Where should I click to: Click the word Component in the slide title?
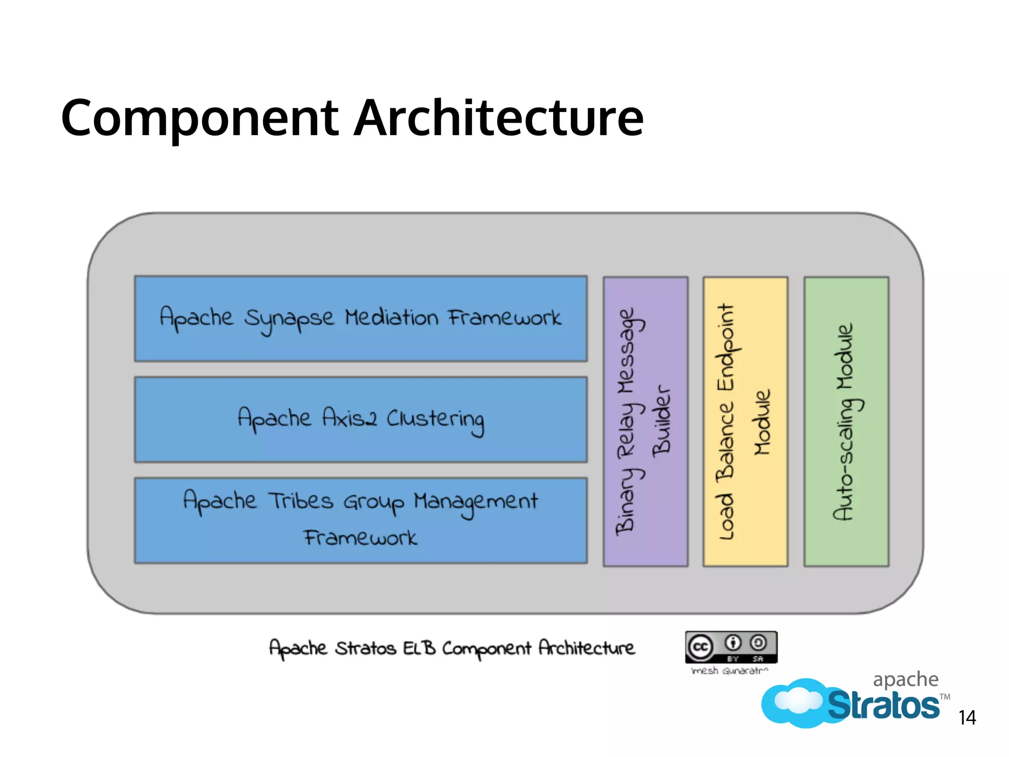click(x=200, y=118)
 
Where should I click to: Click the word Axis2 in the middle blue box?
click(x=350, y=419)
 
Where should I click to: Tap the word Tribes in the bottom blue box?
click(x=301, y=501)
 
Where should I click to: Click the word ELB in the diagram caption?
click(x=419, y=648)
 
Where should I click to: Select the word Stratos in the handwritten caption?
click(x=365, y=648)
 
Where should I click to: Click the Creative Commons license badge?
click(x=731, y=647)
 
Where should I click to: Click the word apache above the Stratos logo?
click(x=906, y=680)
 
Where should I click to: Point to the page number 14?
click(x=967, y=718)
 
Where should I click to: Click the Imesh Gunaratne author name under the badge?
click(x=730, y=671)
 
